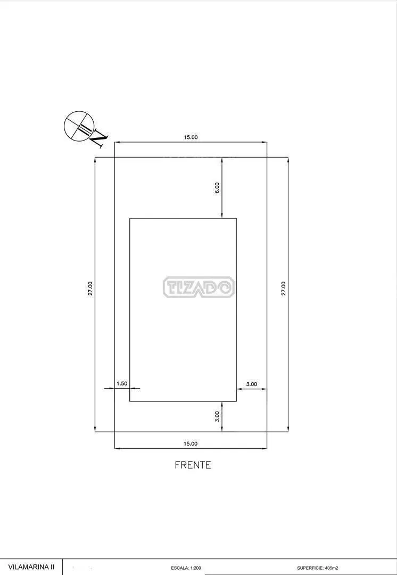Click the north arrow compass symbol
78,126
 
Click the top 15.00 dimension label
191,137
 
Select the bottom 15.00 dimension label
191,443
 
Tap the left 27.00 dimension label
90,288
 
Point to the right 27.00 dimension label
283,288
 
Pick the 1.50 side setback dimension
122,383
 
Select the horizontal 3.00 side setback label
252,384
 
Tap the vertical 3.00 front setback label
217,416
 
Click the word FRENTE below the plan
193,465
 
